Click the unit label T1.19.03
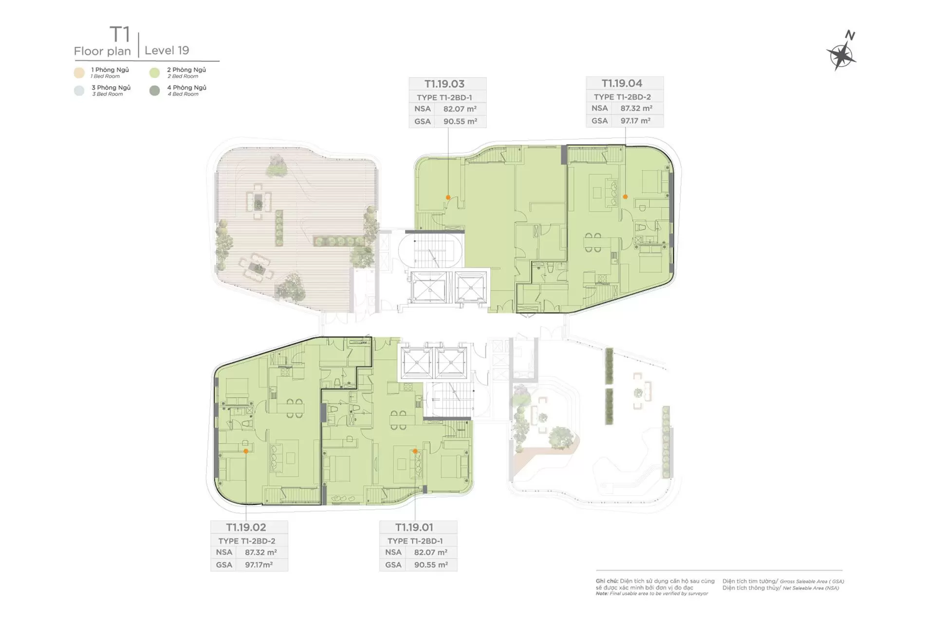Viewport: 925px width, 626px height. pos(444,84)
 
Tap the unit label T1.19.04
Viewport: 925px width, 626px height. pos(622,83)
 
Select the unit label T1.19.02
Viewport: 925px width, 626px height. pos(246,527)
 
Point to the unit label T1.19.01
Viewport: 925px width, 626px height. pos(414,527)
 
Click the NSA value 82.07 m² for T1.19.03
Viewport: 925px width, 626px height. pos(460,109)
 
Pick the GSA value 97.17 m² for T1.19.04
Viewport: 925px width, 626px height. pos(636,121)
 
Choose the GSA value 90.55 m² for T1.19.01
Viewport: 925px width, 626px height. pos(431,565)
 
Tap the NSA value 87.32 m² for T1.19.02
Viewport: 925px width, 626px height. pos(261,552)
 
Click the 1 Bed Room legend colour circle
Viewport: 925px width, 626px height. pos(79,73)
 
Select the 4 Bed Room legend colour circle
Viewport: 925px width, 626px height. pos(155,91)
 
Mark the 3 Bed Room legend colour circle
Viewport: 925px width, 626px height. pos(79,91)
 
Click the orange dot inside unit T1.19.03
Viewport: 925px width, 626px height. pos(448,197)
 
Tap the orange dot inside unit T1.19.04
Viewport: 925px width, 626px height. pos(626,197)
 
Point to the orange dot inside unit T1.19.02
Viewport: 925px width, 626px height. pos(246,451)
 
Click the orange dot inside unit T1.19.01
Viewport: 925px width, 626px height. pos(415,451)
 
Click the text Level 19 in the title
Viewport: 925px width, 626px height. pos(167,51)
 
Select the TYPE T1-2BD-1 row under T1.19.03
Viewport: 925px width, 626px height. pos(444,97)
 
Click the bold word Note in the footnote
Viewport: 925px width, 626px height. pos(602,593)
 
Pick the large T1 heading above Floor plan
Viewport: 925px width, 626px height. pos(120,35)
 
